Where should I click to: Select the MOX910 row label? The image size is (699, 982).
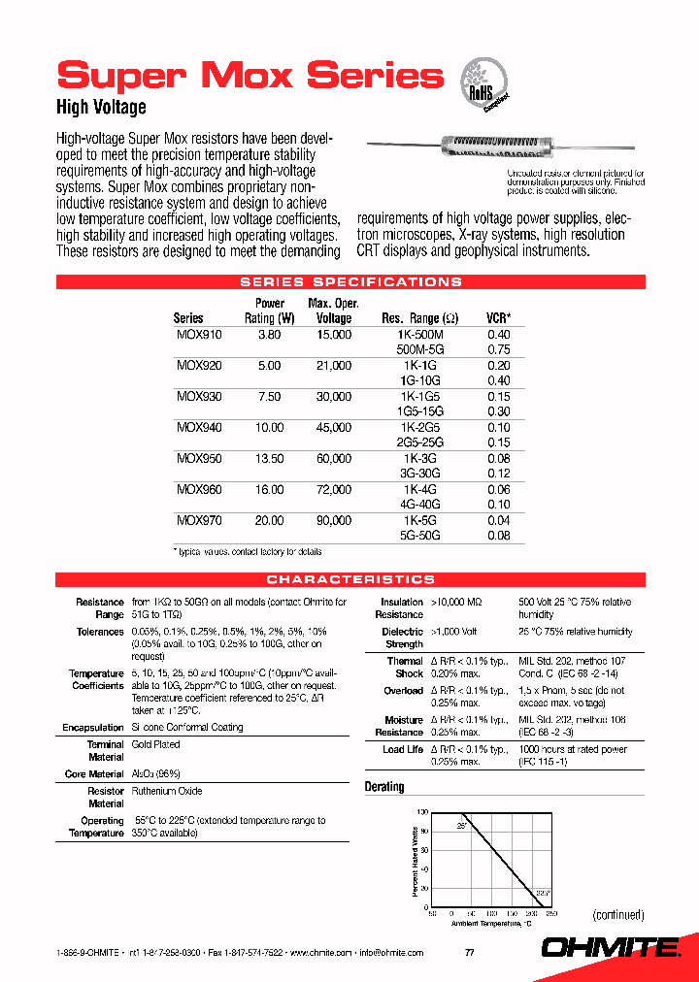[199, 335]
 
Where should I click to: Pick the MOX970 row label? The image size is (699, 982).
[199, 521]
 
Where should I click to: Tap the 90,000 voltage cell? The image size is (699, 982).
[334, 521]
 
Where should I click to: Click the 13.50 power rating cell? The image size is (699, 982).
[269, 459]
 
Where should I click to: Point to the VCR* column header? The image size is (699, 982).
[498, 318]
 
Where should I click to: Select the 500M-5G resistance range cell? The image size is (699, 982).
[420, 350]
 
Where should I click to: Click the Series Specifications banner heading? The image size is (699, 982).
[350, 282]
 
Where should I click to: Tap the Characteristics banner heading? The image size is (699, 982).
[350, 579]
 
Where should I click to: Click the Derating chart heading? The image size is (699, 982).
[384, 787]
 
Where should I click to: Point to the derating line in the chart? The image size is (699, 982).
[501, 853]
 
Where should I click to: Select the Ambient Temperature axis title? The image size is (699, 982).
[491, 924]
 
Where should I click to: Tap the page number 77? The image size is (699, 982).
[469, 953]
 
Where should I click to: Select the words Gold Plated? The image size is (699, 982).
[155, 745]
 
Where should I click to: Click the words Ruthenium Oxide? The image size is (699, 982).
[167, 792]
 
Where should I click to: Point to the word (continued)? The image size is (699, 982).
[617, 915]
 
